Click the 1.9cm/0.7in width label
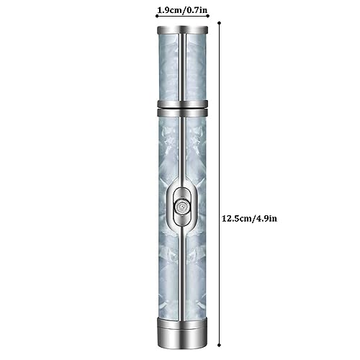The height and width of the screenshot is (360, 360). click(x=182, y=10)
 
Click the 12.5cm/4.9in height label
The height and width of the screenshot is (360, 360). click(x=249, y=219)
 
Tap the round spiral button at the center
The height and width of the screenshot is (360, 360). click(x=182, y=207)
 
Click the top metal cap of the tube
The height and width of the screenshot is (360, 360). click(x=183, y=30)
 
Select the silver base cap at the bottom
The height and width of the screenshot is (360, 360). click(x=182, y=333)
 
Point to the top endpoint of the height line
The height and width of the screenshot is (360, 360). click(x=219, y=23)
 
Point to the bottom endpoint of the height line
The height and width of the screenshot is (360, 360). click(x=219, y=345)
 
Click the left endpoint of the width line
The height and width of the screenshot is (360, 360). click(x=157, y=16)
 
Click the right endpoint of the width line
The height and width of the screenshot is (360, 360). click(x=208, y=16)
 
